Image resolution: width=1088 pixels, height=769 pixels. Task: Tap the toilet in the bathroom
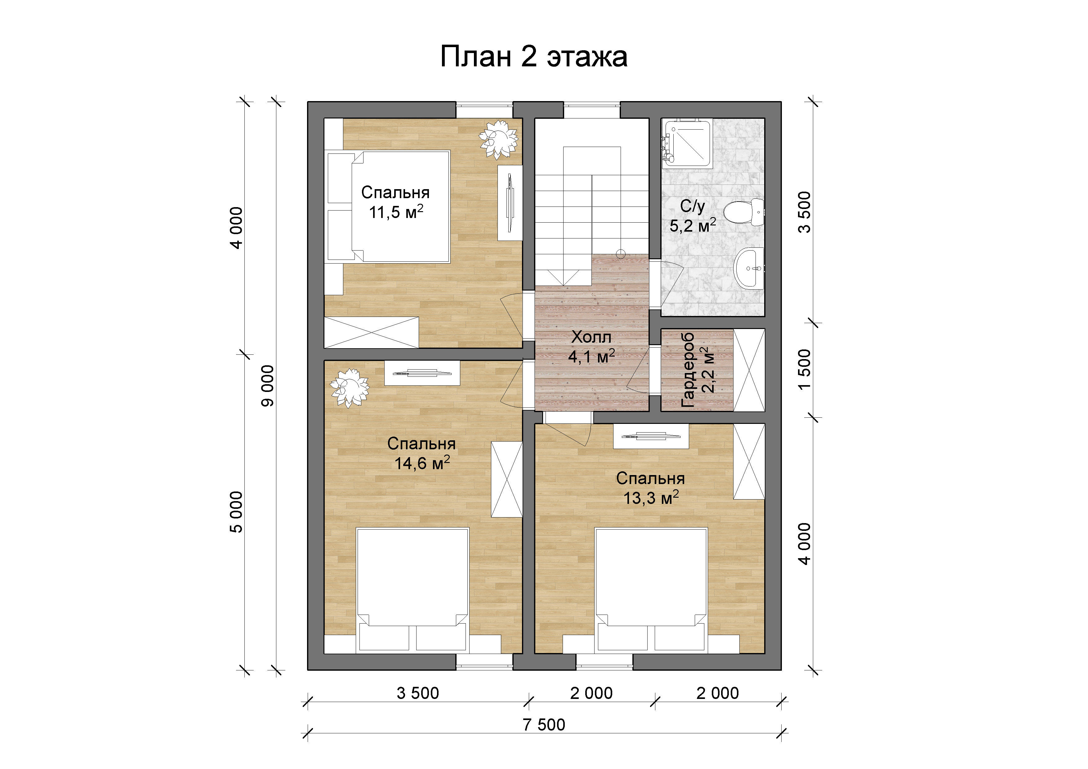click(745, 213)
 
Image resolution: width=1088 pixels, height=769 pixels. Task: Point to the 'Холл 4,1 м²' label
click(591, 347)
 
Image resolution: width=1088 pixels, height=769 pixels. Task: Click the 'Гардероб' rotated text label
click(688, 370)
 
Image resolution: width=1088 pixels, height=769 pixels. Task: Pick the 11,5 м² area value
click(396, 212)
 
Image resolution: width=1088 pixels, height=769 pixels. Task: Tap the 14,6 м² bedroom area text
click(422, 463)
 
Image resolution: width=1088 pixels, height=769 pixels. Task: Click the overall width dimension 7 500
click(544, 724)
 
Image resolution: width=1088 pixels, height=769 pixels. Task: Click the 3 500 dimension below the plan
click(418, 693)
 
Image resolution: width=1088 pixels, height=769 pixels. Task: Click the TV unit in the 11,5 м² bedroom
click(510, 203)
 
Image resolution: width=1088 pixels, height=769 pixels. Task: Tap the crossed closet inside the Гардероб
click(749, 370)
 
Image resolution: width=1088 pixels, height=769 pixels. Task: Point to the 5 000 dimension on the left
click(236, 512)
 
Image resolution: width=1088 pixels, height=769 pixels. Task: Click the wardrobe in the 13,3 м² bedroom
click(749, 461)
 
